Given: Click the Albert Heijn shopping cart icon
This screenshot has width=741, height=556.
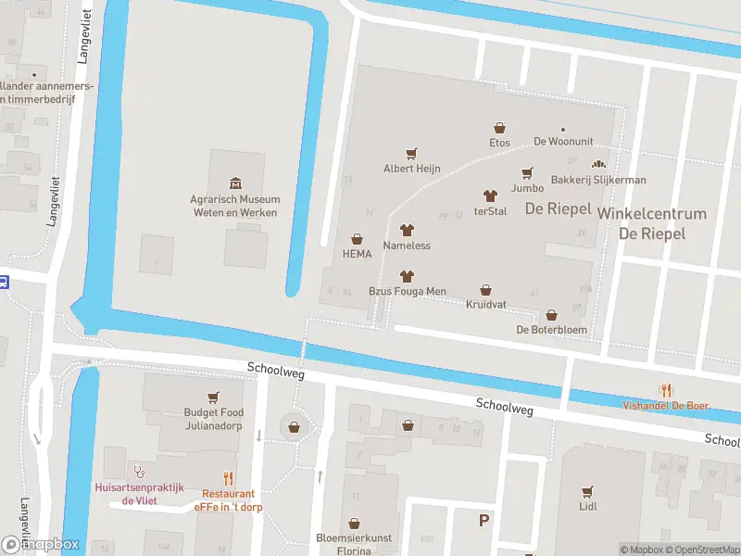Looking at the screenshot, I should point(412,154).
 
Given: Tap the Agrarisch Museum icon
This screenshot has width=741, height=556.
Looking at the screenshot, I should point(234,183).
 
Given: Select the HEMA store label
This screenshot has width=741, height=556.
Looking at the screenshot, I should point(357,253).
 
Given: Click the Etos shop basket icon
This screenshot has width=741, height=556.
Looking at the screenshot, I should point(500,128).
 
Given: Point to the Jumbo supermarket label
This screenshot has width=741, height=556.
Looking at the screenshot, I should point(527,188).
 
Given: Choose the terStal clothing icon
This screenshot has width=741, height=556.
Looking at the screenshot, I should point(490,196).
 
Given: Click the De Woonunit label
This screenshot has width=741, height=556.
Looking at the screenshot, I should point(562,142).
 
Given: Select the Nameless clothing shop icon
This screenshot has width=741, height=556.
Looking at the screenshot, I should point(407,231).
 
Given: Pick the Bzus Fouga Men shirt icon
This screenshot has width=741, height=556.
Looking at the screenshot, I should point(407,276).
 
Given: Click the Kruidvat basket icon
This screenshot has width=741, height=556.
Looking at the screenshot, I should point(485,290).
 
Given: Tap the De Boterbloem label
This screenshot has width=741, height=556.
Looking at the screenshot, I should point(551,329).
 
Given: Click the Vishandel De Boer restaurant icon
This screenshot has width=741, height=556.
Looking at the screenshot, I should point(665,390).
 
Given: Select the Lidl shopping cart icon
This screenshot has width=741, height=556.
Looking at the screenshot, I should point(587,491).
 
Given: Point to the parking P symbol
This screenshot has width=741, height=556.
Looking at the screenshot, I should point(484,520).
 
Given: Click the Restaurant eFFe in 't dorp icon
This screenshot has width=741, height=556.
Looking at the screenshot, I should point(229,479).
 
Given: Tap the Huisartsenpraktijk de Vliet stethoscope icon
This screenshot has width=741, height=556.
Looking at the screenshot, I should point(140,471).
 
